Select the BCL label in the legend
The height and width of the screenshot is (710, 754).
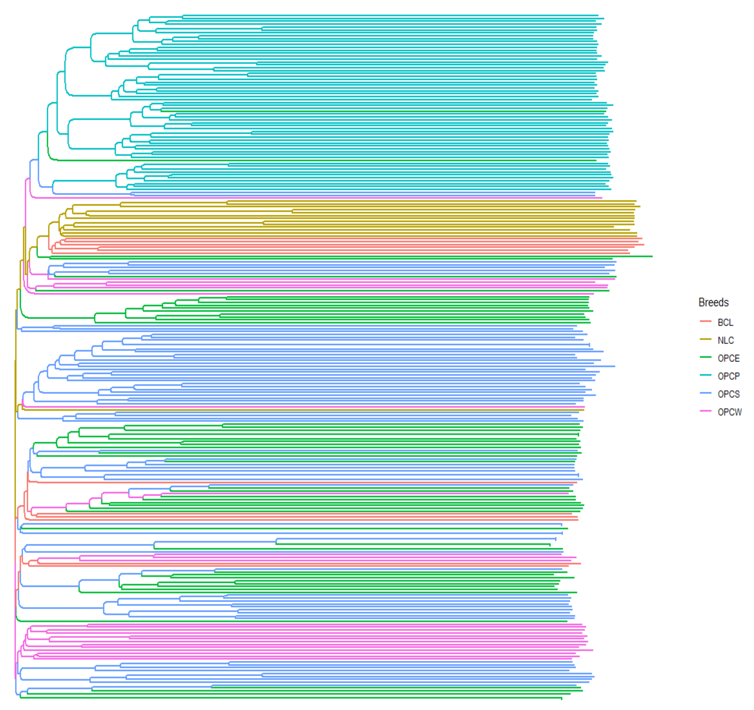725,322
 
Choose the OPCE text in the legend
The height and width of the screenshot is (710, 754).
728,358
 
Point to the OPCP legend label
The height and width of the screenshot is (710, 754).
728,376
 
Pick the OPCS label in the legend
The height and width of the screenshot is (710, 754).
728,394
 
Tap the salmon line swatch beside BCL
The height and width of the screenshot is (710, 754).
706,322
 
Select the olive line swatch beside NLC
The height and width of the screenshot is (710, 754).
706,339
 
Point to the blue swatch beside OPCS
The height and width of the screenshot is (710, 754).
706,393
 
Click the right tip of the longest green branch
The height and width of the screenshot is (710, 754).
652,257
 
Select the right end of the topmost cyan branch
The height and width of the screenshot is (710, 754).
598,16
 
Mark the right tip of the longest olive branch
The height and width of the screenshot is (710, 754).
640,206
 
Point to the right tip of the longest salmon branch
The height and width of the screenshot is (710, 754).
644,245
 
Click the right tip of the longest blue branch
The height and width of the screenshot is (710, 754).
615,366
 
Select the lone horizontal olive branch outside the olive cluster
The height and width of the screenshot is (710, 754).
303,410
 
